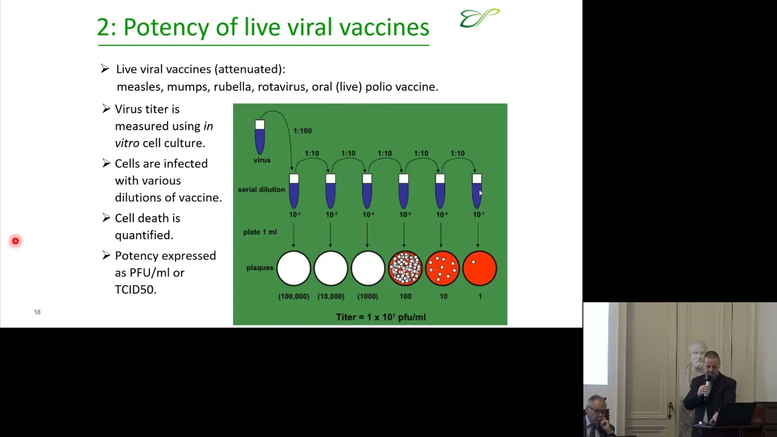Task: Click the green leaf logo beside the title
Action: [480, 18]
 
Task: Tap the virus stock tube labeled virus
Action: [260, 137]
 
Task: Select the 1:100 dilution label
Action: [302, 130]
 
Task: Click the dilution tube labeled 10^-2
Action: [294, 191]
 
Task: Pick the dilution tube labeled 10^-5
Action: [404, 191]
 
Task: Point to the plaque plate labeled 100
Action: [405, 268]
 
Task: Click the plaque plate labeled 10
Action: [442, 268]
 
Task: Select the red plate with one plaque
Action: [480, 268]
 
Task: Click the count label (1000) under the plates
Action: [368, 296]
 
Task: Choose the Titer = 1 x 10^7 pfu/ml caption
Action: [381, 317]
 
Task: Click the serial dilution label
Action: [261, 189]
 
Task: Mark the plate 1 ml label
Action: [260, 232]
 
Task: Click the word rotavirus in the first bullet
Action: [282, 87]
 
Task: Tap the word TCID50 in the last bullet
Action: [135, 290]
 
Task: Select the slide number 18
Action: [37, 312]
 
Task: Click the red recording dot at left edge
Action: [15, 241]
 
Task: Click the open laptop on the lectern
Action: [735, 415]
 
